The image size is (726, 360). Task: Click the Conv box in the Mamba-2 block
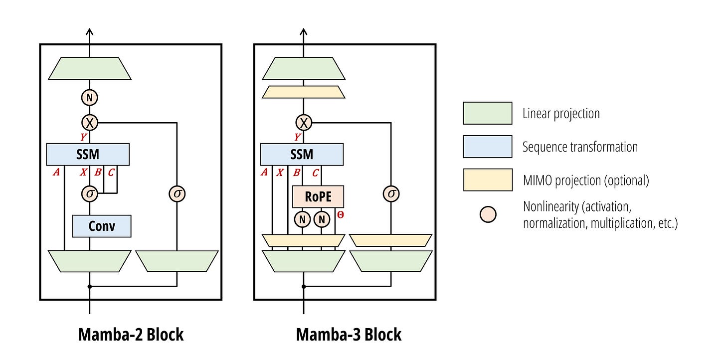tap(102, 226)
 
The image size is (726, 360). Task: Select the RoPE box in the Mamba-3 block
tap(318, 196)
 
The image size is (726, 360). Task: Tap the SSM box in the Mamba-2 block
tap(88, 155)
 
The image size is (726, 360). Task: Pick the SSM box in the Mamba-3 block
tap(302, 155)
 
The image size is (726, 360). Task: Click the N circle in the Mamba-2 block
tap(89, 98)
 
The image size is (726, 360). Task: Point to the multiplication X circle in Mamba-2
tap(89, 123)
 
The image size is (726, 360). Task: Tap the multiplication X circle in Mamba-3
tap(304, 123)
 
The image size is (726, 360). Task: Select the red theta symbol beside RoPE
tap(340, 214)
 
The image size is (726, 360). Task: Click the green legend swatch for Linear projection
tap(488, 113)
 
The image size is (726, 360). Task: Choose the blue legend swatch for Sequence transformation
tap(488, 147)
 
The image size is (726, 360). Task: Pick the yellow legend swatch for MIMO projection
tap(488, 180)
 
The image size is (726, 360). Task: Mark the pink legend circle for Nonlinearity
tap(488, 214)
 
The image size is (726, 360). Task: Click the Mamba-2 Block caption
tap(131, 335)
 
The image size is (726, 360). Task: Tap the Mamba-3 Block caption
tap(349, 335)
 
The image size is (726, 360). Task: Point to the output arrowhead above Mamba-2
tap(89, 31)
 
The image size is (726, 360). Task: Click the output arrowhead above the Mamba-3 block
tap(303, 31)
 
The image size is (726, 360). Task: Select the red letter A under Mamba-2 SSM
tap(56, 172)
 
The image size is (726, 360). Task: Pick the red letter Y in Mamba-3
tap(298, 137)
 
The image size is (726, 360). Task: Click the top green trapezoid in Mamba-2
tap(90, 68)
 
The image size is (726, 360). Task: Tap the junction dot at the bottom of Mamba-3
tap(304, 286)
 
